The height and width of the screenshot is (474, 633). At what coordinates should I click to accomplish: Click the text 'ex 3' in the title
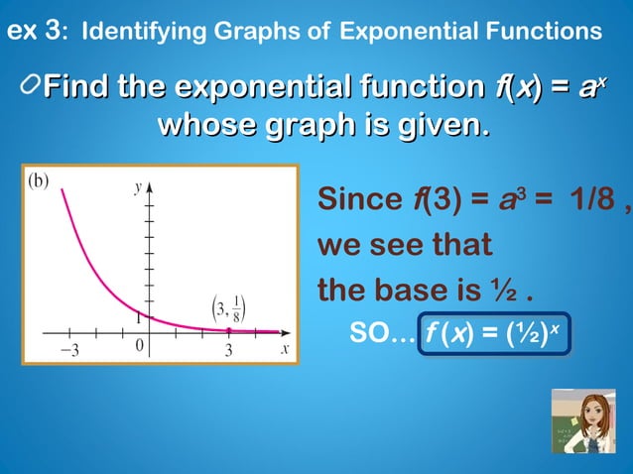tap(31, 31)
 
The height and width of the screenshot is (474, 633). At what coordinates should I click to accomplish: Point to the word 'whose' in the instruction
tap(205, 127)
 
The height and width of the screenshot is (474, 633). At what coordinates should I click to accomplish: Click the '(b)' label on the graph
tap(40, 181)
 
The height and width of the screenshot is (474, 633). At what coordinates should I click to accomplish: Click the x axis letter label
tap(284, 349)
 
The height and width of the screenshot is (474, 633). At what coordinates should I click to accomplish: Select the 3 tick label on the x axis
tap(228, 350)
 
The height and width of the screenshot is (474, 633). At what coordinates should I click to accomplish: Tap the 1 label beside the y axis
tap(140, 318)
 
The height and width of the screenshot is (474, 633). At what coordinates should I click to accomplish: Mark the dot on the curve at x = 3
tap(229, 330)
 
